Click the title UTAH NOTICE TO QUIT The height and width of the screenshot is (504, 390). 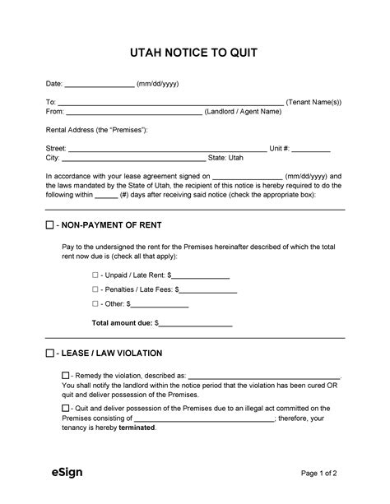coord(194,53)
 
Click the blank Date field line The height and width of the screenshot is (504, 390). coord(100,85)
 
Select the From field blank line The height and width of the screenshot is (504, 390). coord(133,113)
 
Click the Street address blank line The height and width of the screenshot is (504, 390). coord(167,150)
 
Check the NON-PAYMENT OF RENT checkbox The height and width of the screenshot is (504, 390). coord(49,224)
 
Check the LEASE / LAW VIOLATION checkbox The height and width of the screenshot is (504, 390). coord(49,354)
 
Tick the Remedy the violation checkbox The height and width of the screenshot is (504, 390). coord(66,375)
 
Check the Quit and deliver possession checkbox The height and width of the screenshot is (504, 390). coord(66,408)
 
